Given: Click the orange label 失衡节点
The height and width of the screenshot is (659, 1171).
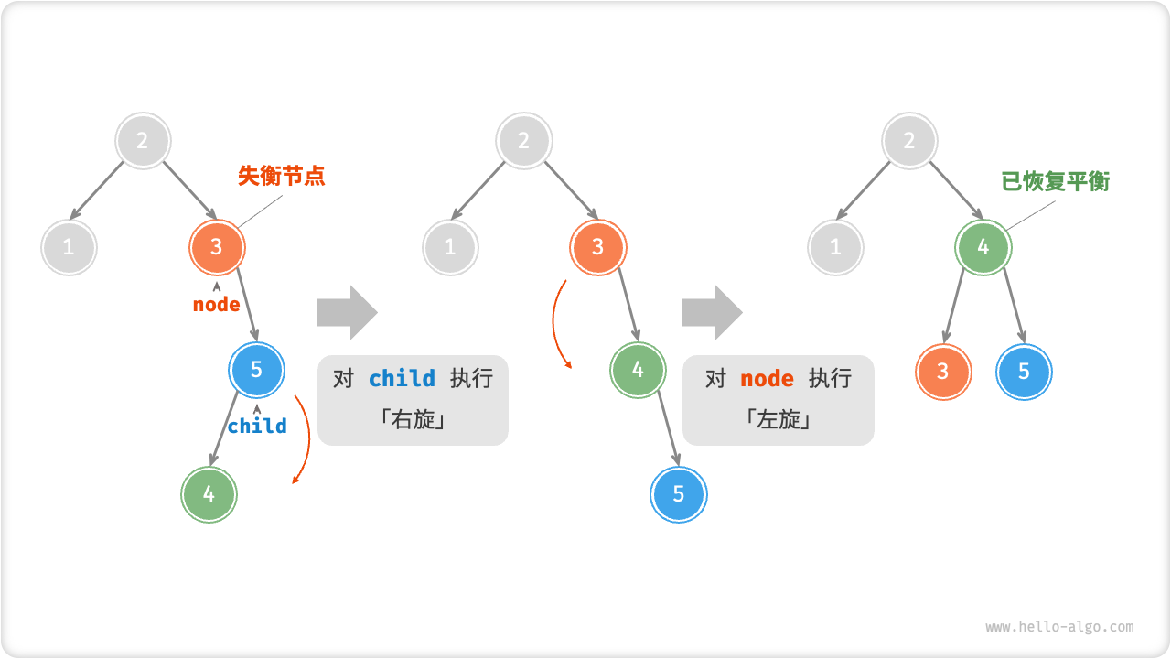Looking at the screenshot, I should click(x=281, y=176).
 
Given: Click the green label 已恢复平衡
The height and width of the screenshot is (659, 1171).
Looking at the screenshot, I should click(x=1055, y=181).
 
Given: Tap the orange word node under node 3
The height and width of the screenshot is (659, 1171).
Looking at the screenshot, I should click(x=217, y=305).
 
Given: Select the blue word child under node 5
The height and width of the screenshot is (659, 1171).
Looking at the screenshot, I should click(x=257, y=426).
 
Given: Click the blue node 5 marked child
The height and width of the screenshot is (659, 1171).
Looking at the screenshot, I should click(x=257, y=369).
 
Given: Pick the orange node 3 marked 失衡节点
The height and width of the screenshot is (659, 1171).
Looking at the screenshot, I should click(x=218, y=246).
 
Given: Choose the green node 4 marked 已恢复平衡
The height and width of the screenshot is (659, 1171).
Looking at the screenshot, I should click(x=983, y=247).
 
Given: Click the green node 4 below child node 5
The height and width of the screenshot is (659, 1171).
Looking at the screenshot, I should click(x=209, y=494).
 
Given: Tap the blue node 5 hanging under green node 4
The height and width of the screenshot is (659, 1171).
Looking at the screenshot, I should click(x=679, y=494).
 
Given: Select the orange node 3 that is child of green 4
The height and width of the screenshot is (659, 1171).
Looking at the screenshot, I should click(x=943, y=372).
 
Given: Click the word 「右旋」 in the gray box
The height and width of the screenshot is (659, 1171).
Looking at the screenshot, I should click(x=413, y=421).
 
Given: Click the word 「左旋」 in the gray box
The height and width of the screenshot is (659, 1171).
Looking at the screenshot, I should click(x=778, y=421).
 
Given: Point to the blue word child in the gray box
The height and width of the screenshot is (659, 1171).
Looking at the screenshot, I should click(x=403, y=379).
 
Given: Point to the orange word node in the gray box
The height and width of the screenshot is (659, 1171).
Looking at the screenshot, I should click(x=767, y=379).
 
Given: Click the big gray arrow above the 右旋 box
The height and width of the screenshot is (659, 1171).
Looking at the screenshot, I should click(x=347, y=312).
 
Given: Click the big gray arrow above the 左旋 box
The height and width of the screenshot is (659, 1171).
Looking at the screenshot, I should click(x=712, y=312).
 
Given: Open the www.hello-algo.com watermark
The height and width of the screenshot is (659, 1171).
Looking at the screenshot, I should click(x=1059, y=627).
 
